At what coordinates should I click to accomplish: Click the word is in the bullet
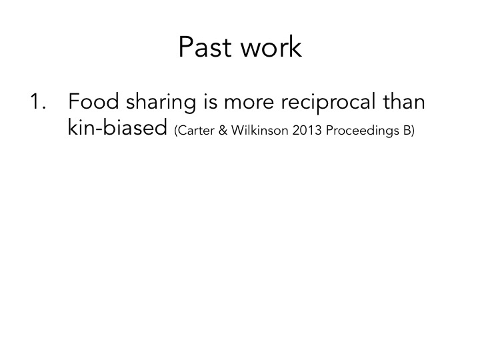231,104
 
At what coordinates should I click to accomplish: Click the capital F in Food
75,104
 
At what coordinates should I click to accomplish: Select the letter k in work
295,47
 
